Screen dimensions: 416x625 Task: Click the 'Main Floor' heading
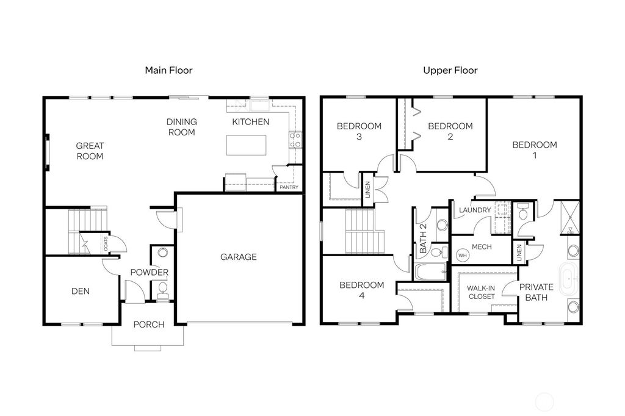(168, 70)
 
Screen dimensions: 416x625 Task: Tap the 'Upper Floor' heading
(450, 70)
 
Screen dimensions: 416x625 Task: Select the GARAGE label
(238, 257)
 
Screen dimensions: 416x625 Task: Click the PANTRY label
(289, 187)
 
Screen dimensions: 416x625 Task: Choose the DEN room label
(80, 291)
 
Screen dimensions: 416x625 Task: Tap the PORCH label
(149, 325)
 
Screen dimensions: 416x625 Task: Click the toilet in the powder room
(162, 289)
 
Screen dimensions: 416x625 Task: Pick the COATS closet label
(106, 245)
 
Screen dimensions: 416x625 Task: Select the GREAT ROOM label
(90, 151)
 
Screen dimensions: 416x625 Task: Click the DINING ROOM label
(181, 127)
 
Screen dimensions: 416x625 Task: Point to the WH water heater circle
(462, 254)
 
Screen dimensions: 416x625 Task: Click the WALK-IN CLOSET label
(481, 292)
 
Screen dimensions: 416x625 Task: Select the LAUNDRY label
(475, 210)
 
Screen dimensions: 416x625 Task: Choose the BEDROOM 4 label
(362, 290)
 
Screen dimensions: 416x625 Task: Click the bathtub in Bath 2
(431, 272)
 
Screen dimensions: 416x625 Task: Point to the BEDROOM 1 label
(535, 149)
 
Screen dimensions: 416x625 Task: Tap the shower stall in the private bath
(569, 216)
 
